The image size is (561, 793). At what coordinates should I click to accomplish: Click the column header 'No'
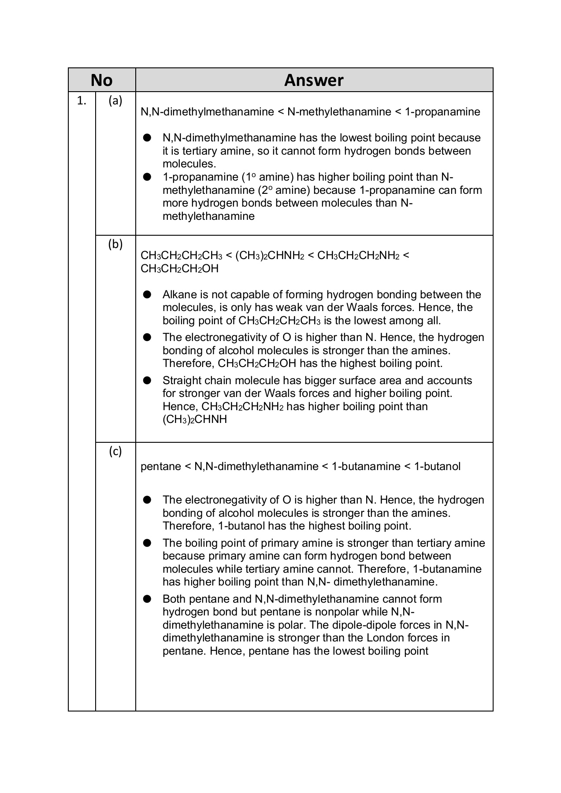click(101, 80)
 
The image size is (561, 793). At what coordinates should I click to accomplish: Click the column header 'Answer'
click(313, 80)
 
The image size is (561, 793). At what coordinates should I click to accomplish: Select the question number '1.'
click(82, 101)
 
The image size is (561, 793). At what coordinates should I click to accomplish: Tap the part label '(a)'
click(115, 101)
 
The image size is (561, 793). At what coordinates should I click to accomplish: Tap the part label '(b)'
click(115, 244)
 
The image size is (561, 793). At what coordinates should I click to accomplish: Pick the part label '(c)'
click(115, 451)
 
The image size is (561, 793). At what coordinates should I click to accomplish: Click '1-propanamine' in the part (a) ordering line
click(442, 112)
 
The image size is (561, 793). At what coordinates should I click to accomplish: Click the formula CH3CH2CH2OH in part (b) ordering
click(179, 269)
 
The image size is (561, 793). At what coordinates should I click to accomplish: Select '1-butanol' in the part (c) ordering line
click(437, 467)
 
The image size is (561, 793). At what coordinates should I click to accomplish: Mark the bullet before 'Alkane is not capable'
click(147, 294)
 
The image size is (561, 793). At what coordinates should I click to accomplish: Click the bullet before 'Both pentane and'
click(147, 599)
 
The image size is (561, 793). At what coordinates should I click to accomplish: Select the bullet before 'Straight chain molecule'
click(147, 380)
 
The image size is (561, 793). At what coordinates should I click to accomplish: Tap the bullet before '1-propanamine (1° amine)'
click(147, 177)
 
